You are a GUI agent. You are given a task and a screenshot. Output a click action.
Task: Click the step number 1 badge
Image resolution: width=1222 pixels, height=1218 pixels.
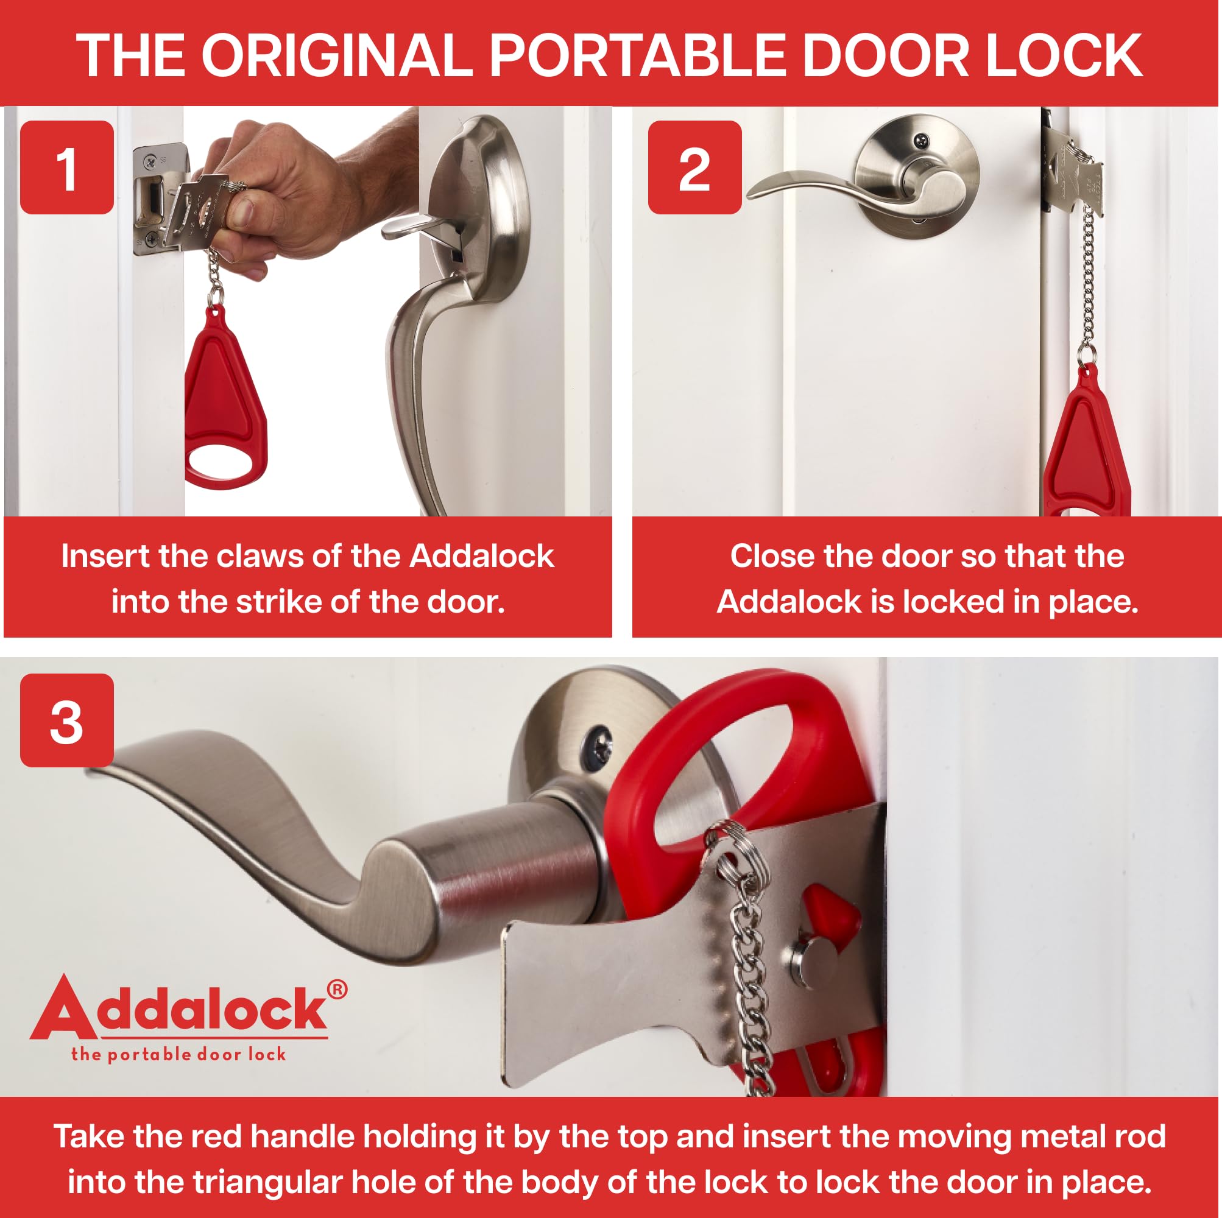(66, 167)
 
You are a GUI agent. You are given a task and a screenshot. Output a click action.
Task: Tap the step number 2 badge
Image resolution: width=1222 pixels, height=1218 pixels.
(694, 167)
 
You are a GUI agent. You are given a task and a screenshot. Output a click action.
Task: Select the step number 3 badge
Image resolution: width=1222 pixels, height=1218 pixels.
(66, 721)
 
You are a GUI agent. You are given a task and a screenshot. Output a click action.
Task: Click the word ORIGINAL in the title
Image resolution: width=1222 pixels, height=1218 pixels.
(336, 55)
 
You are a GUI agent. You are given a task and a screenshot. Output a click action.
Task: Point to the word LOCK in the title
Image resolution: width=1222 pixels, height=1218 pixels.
(1063, 55)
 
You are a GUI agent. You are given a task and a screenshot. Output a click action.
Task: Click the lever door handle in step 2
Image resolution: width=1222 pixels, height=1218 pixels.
(841, 186)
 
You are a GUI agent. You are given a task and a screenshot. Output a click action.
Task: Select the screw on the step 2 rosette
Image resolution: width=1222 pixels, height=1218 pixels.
(923, 138)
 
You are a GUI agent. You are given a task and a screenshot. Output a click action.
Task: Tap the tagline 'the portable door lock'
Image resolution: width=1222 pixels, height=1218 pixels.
(178, 1054)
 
